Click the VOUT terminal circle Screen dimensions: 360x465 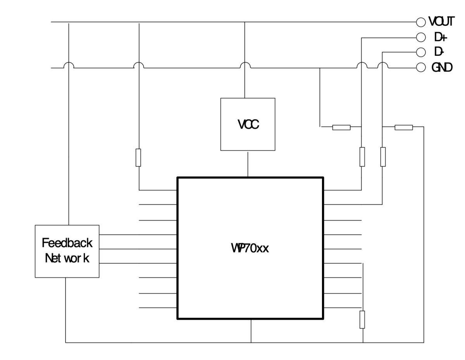(420, 22)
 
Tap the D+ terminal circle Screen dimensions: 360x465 (420, 37)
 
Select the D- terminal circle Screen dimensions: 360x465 (420, 52)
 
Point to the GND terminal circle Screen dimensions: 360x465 (420, 67)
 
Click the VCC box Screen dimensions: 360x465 (248, 124)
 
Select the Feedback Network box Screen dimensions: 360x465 (67, 251)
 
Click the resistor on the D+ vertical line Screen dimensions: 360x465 (362, 157)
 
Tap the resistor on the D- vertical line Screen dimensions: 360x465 (382, 157)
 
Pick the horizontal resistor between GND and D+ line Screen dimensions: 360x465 (341, 127)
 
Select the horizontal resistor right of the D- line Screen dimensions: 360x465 (403, 127)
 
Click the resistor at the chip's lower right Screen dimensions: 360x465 (362, 319)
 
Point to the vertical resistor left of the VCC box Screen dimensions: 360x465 (138, 157)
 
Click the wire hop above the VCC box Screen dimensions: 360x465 (245, 65)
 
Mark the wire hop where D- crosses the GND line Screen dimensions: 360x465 (382, 65)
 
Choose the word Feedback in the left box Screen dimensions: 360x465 (67, 243)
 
